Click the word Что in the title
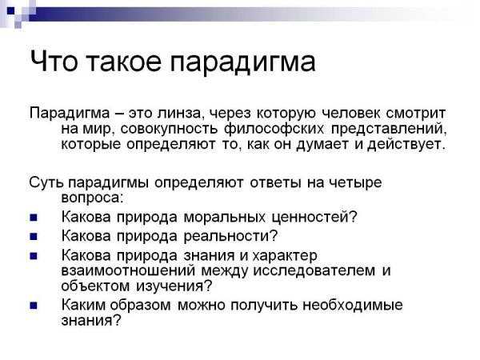55,62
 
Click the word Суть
45,182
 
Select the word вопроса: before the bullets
94,197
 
